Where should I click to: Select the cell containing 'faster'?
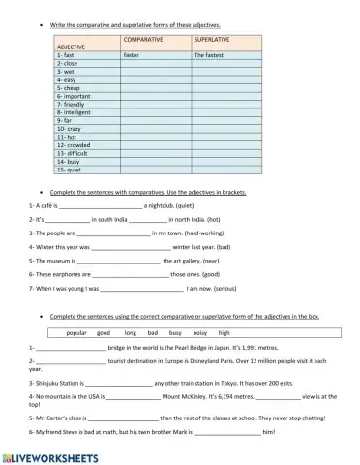click(x=133, y=56)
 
